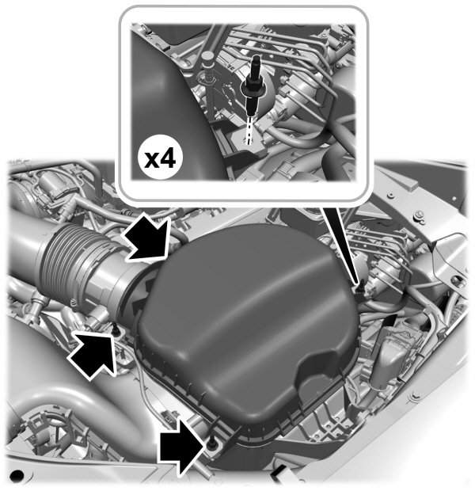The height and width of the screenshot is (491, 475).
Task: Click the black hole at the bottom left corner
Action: pos(14,477)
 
